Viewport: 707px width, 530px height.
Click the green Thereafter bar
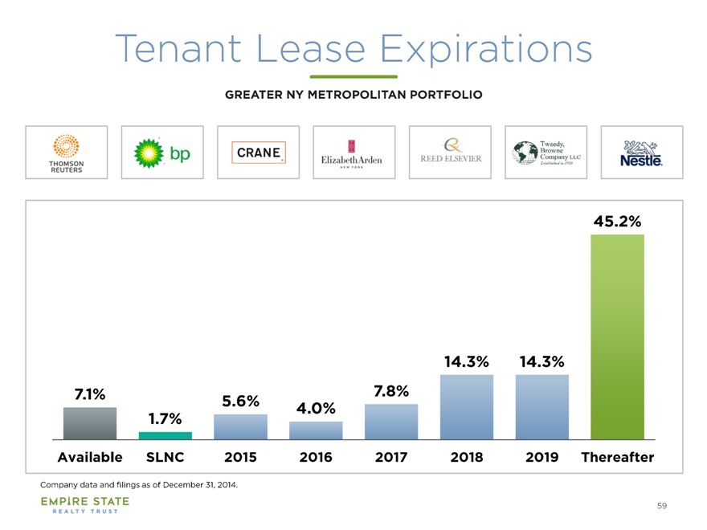click(617, 336)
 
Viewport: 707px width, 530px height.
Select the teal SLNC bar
click(165, 435)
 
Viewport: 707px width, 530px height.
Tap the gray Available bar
click(89, 423)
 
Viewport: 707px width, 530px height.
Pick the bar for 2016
click(316, 430)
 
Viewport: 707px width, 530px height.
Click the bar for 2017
click(391, 422)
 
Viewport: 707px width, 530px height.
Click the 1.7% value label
click(165, 418)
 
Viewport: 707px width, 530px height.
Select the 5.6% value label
click(240, 401)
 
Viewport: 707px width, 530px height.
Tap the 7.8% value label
click(391, 391)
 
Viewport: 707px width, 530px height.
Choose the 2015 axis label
click(240, 457)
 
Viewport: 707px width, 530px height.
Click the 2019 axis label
click(542, 457)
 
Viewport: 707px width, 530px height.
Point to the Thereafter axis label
click(617, 457)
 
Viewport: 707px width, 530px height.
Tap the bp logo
click(161, 153)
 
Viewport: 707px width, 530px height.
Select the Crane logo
click(258, 153)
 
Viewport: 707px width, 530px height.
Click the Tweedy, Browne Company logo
click(546, 152)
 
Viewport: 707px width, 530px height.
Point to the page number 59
click(661, 505)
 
